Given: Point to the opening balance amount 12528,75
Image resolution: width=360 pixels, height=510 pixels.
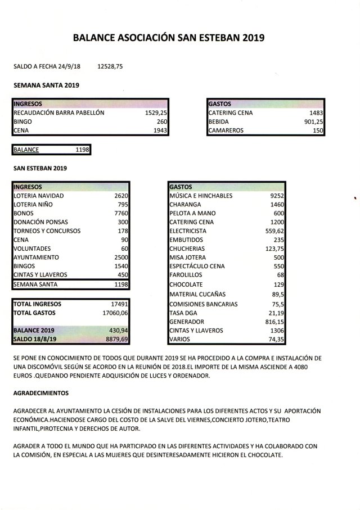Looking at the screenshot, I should (110, 66).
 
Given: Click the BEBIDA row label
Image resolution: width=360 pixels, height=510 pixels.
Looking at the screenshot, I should (218, 121).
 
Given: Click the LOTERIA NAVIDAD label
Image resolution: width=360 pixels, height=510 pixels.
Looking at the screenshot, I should (39, 196).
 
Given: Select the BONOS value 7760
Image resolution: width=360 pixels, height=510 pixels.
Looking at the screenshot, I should (122, 214).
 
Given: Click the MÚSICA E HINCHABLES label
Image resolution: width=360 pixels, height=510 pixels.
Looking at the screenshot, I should (200, 196).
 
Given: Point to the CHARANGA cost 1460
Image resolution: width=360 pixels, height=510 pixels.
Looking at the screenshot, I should (277, 205).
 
